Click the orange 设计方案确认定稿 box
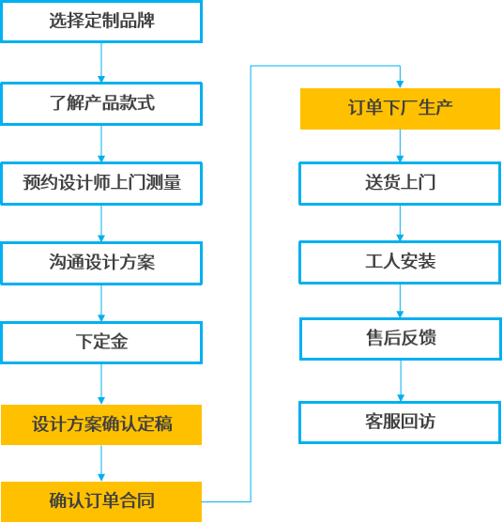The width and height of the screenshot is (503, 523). tap(101, 424)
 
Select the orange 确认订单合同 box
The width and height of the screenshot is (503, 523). tap(101, 501)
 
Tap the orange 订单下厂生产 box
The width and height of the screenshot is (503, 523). tap(400, 109)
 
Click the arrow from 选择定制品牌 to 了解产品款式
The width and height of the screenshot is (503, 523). tap(101, 62)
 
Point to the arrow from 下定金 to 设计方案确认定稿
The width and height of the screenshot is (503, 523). tap(101, 384)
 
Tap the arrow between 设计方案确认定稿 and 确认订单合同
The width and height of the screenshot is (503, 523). tap(101, 463)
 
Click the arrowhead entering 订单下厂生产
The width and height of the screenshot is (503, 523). tap(400, 85)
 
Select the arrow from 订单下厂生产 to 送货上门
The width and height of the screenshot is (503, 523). tap(400, 146)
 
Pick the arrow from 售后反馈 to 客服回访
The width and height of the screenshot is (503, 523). tap(401, 381)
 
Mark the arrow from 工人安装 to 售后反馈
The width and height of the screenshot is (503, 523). tap(400, 300)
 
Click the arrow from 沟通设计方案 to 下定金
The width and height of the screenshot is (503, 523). tap(101, 303)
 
